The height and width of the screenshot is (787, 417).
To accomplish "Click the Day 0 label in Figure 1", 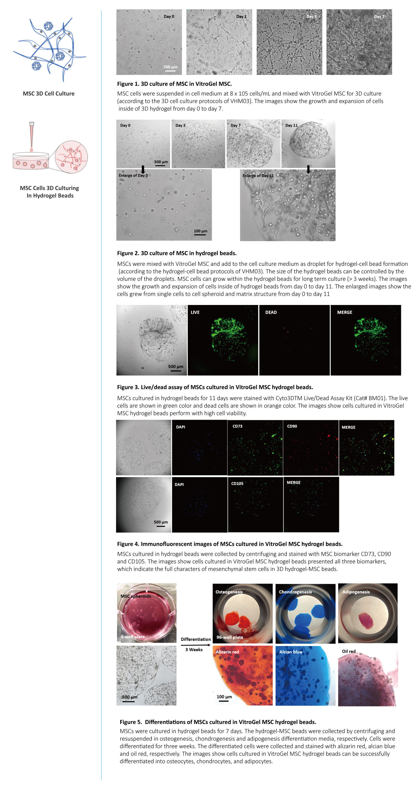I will [x=169, y=17].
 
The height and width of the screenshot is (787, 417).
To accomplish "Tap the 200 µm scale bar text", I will [x=170, y=67].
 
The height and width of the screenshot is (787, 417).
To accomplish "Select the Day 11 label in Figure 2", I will [x=291, y=125].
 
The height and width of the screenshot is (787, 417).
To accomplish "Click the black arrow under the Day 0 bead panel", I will [x=143, y=169].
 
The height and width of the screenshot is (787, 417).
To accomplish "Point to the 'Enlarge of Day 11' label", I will [x=258, y=176].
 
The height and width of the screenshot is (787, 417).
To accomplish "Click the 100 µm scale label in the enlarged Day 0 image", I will [x=200, y=231].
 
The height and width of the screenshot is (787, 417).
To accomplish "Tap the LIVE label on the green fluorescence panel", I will [x=195, y=312].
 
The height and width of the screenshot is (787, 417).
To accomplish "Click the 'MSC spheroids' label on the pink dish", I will [x=136, y=596].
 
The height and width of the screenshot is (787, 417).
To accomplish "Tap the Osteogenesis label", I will [x=229, y=592].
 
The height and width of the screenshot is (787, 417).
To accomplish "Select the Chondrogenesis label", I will [x=295, y=592].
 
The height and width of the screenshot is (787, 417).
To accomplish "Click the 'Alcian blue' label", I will [x=291, y=652].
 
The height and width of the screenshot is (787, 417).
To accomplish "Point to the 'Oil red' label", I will [x=349, y=651].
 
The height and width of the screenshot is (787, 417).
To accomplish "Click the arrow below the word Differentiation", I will [x=196, y=645].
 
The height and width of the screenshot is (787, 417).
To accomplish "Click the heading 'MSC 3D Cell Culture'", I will [x=49, y=94].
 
